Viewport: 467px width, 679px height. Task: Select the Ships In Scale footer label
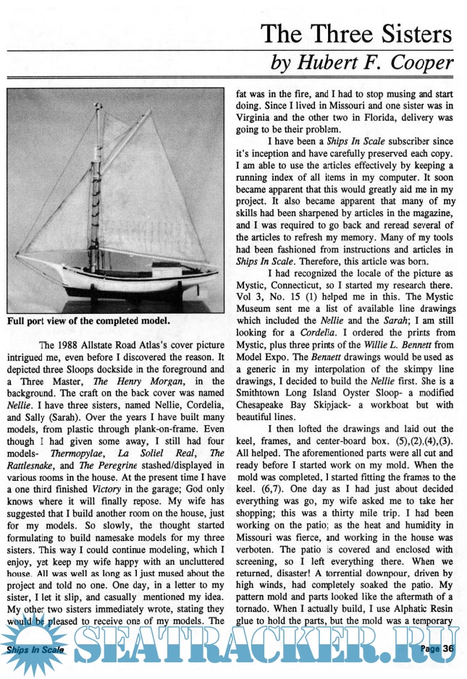34,650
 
